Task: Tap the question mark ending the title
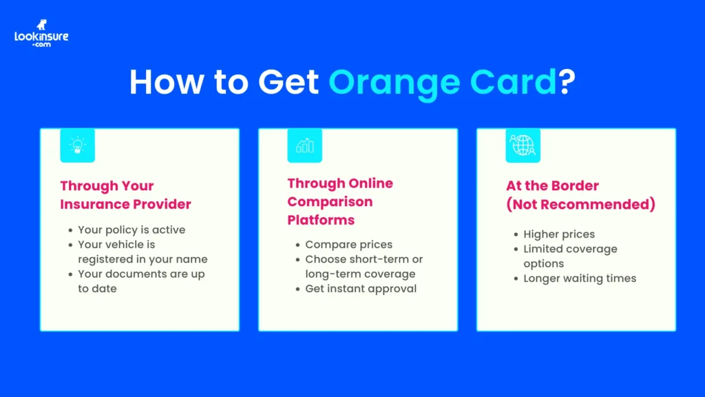point(566,83)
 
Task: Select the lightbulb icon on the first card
point(77,145)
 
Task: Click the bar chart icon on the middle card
point(304,145)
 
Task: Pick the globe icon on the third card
point(523,145)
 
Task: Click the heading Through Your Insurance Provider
point(125,195)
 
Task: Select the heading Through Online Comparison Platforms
point(340,201)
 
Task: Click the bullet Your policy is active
point(131,230)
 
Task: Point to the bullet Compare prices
point(348,245)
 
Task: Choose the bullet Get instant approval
point(361,289)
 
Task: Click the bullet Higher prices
point(558,234)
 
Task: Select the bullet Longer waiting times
point(580,278)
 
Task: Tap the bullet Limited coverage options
point(570,256)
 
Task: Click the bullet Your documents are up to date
point(141,281)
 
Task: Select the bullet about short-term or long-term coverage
point(364,267)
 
